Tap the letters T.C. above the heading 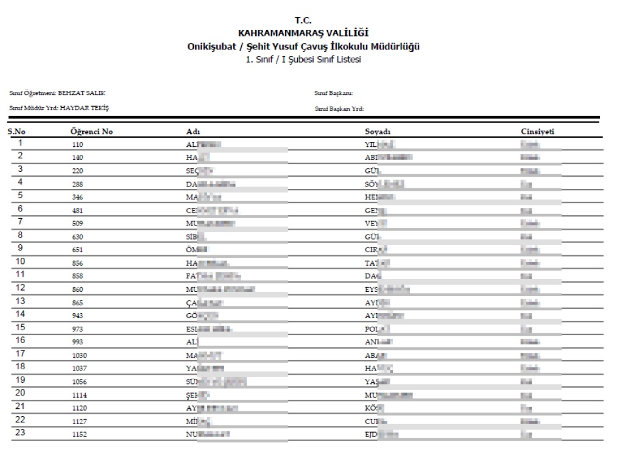pyautogui.click(x=303, y=21)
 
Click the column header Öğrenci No pyautogui.click(x=91, y=132)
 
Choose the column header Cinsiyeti pyautogui.click(x=537, y=132)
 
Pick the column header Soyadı pyautogui.click(x=377, y=132)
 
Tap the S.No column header pyautogui.click(x=16, y=132)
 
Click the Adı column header pyautogui.click(x=193, y=132)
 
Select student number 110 pyautogui.click(x=77, y=145)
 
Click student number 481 pyautogui.click(x=77, y=210)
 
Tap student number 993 pyautogui.click(x=77, y=341)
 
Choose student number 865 pyautogui.click(x=77, y=302)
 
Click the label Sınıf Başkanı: pyautogui.click(x=334, y=93)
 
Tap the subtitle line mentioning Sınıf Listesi pyautogui.click(x=303, y=59)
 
